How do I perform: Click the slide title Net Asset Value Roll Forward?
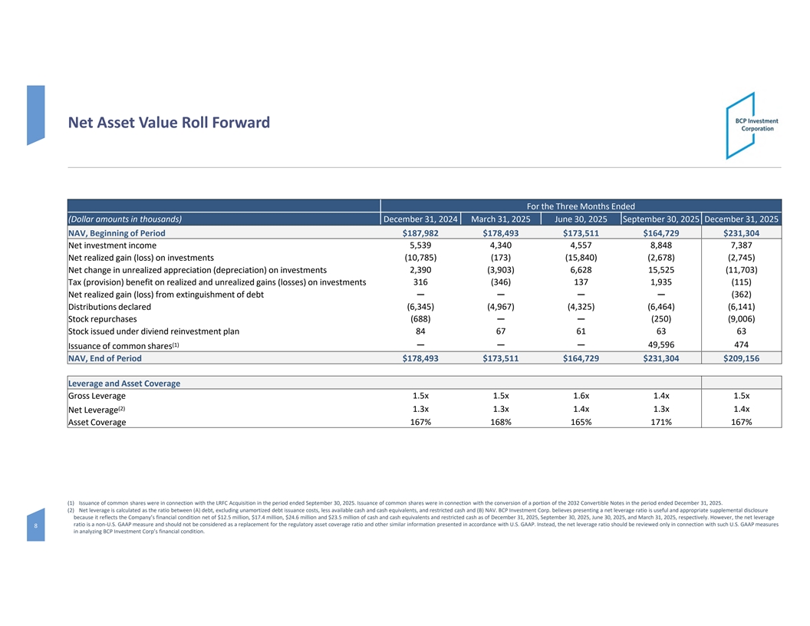(169, 123)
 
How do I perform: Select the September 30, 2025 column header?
(660, 219)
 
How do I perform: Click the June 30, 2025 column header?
(581, 219)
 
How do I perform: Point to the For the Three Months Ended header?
(580, 206)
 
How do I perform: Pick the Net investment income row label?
(112, 245)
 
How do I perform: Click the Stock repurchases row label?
(103, 319)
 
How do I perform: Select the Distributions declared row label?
(110, 307)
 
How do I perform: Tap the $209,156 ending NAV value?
(741, 357)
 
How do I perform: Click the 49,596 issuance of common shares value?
(660, 344)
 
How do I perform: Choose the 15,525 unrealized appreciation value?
(660, 270)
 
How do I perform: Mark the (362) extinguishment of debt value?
(741, 295)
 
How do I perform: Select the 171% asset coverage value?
(660, 422)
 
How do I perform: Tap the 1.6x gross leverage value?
(581, 396)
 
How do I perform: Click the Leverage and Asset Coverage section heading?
(124, 383)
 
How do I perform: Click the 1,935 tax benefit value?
(660, 282)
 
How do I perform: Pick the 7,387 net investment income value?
(741, 245)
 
